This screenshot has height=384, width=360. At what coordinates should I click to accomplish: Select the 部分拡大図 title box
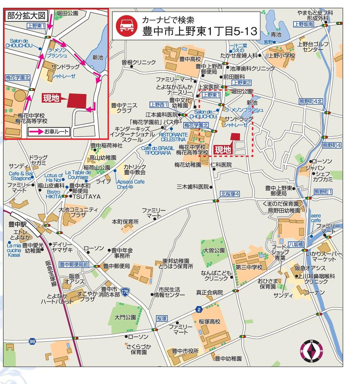pyautogui.click(x=26, y=16)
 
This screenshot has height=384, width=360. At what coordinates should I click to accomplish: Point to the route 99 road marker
pyautogui.click(x=33, y=341)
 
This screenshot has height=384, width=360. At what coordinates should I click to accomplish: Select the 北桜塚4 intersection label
pyautogui.click(x=230, y=194)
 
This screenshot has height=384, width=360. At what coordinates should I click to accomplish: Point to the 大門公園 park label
pyautogui.click(x=125, y=317)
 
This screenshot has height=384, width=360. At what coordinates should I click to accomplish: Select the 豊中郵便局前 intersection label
pyautogui.click(x=74, y=264)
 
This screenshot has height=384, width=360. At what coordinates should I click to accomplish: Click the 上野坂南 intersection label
pyautogui.click(x=303, y=24)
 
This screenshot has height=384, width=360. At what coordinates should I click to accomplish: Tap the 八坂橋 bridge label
pyautogui.click(x=296, y=244)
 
